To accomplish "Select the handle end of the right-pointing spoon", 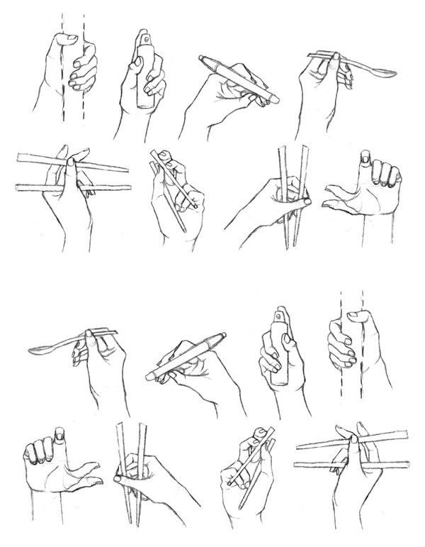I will pyautogui.click(x=309, y=55).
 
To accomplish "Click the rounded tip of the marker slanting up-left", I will pyautogui.click(x=203, y=57).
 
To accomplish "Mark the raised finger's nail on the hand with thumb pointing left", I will pyautogui.click(x=366, y=158).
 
